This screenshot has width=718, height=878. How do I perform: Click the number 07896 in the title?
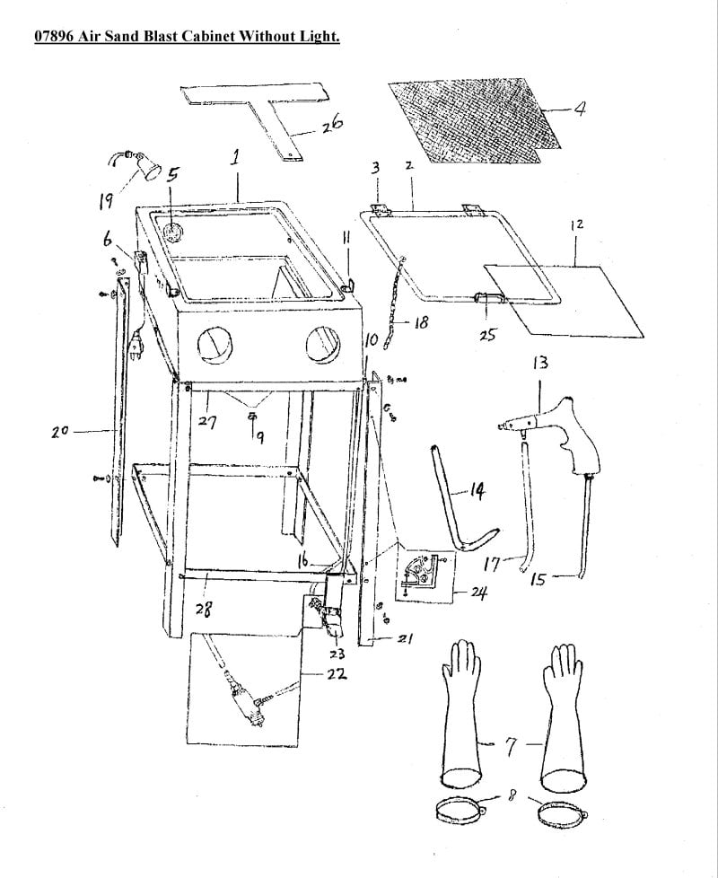click(54, 37)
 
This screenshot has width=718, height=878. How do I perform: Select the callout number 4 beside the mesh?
click(580, 108)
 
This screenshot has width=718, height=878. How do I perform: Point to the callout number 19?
click(106, 200)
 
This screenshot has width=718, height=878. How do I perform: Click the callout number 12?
click(577, 224)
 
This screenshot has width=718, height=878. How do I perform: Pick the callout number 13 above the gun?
click(540, 363)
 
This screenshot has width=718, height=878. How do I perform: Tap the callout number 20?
click(59, 432)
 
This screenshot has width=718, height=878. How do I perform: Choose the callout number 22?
click(337, 673)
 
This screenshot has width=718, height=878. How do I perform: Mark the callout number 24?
click(479, 592)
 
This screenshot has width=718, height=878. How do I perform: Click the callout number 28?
click(204, 610)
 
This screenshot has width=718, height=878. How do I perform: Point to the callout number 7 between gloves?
click(511, 747)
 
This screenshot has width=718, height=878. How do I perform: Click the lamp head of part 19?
click(151, 168)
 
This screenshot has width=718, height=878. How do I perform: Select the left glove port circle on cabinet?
click(213, 346)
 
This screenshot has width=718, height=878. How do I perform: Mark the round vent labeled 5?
click(174, 232)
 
